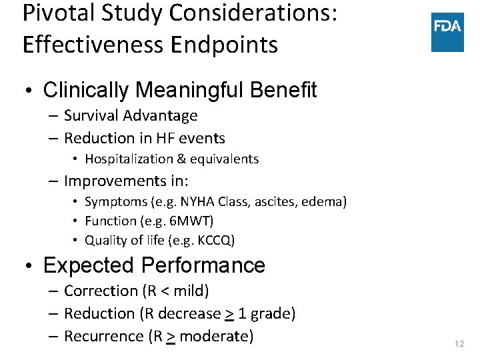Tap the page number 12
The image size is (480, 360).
pyautogui.click(x=458, y=344)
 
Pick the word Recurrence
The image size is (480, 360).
pyautogui.click(x=103, y=336)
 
